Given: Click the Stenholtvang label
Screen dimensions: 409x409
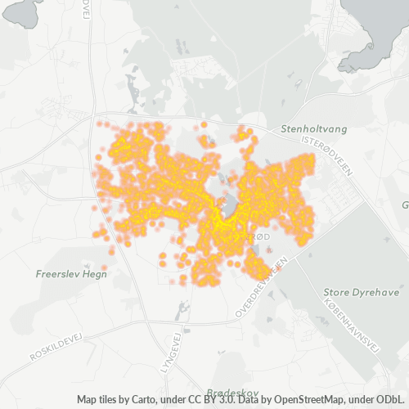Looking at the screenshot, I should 310,129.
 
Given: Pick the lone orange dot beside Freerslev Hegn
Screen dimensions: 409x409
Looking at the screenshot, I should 104,267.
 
